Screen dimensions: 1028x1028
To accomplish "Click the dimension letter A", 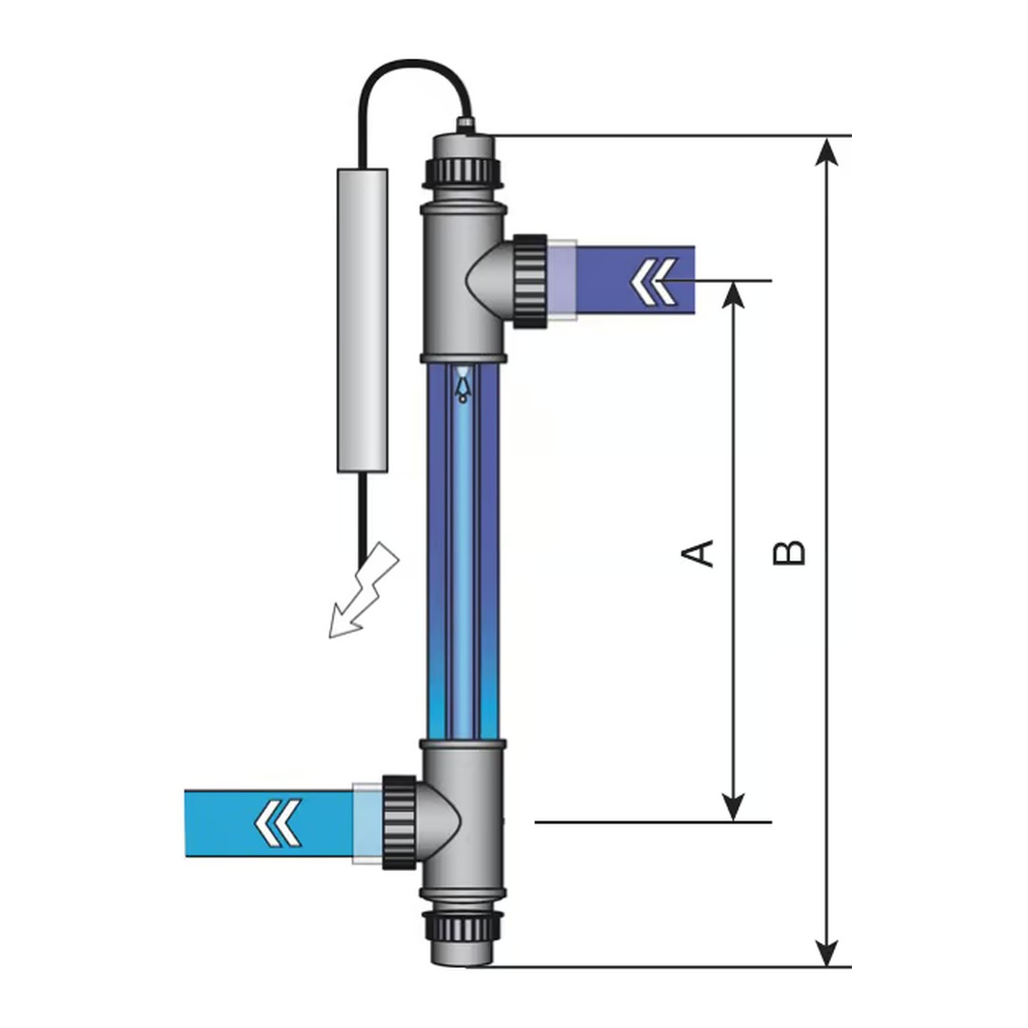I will point(700,552).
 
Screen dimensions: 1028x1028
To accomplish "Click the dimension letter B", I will point(789,552).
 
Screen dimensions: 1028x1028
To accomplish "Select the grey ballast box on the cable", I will point(363,320).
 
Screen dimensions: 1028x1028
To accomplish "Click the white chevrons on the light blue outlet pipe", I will point(279,822).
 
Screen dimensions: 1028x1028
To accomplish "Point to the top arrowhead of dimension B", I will point(828,150).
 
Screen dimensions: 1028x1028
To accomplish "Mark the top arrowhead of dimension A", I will point(732,295).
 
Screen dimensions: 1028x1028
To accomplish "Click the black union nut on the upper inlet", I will point(529,281).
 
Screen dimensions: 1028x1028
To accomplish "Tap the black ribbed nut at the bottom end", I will point(462,922).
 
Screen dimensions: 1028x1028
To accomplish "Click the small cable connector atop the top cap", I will point(465,124).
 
